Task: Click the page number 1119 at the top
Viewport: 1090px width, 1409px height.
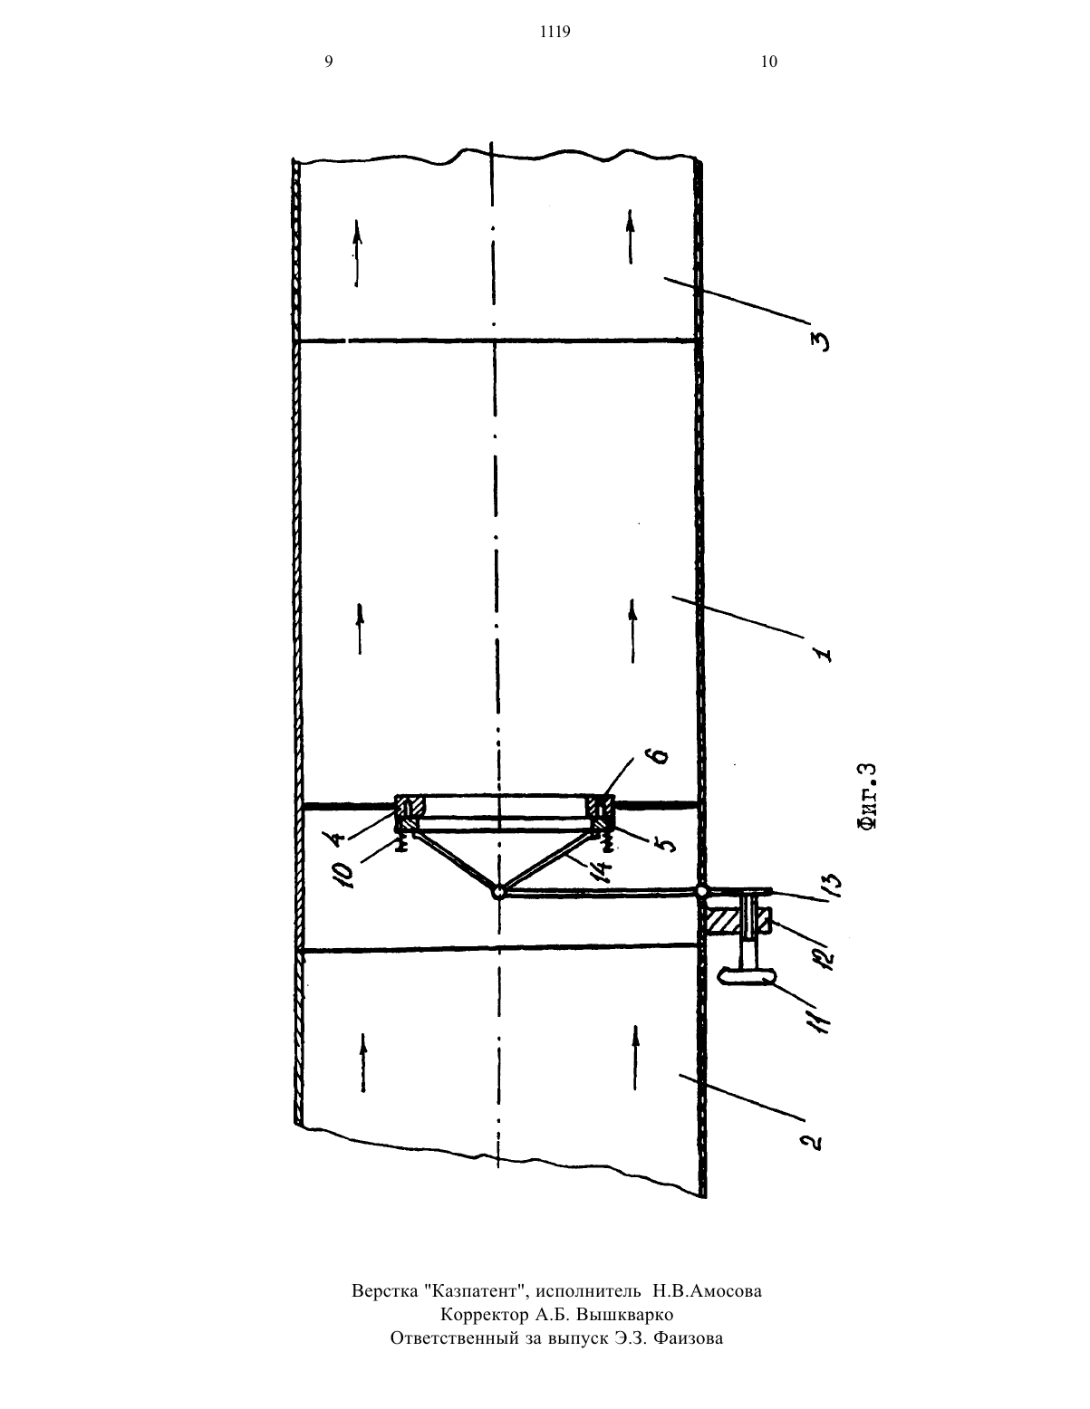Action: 555,32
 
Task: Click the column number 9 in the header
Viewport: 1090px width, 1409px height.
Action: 329,62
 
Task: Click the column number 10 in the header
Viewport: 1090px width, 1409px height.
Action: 769,62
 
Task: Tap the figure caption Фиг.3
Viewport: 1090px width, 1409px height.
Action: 867,796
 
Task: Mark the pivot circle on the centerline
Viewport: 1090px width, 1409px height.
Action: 497,893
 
